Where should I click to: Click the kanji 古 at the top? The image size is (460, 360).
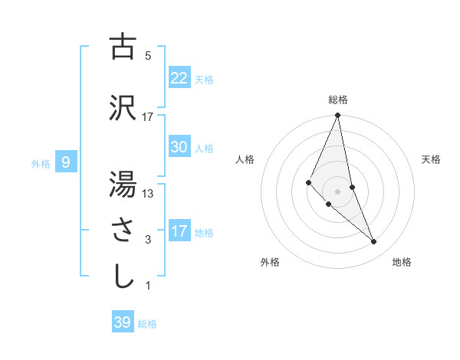tap(123, 47)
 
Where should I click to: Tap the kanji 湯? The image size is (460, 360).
tap(123, 185)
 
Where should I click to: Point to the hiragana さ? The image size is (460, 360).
tap(123, 231)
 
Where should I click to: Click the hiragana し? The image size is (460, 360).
tap(123, 277)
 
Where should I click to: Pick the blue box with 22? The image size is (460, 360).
tap(179, 78)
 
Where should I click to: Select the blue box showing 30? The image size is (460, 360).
tap(179, 147)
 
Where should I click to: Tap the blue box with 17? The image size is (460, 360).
tap(179, 231)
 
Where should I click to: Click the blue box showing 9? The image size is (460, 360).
tap(66, 162)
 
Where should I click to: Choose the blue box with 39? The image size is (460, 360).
tap(123, 322)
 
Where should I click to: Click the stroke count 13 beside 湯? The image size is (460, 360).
tap(148, 194)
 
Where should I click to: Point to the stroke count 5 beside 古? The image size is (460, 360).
tap(148, 56)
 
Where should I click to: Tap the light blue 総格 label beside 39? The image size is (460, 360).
tap(147, 324)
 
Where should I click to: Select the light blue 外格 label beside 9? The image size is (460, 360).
tap(41, 163)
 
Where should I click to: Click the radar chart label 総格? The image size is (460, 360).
tap(337, 100)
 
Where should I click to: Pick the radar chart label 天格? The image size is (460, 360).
tap(432, 159)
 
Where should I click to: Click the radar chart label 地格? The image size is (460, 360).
tap(402, 262)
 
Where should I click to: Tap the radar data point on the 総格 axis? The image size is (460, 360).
tap(337, 116)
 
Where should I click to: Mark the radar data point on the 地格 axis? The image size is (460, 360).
tap(374, 242)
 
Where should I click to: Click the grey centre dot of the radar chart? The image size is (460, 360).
tap(337, 191)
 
